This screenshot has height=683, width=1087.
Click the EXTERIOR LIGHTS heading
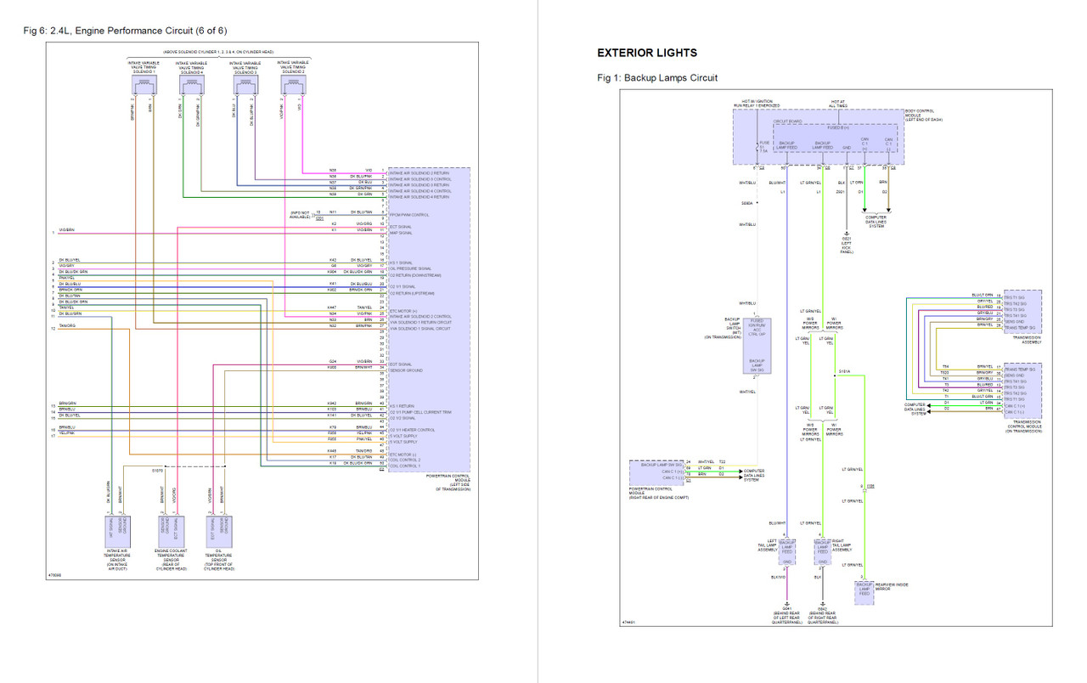click(647, 53)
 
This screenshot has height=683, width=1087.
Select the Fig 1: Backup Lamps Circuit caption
click(657, 78)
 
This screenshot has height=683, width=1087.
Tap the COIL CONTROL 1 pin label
click(404, 466)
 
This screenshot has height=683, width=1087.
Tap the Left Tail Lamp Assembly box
click(787, 550)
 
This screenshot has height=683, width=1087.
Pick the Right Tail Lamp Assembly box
click(822, 550)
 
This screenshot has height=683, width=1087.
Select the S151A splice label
click(846, 370)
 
